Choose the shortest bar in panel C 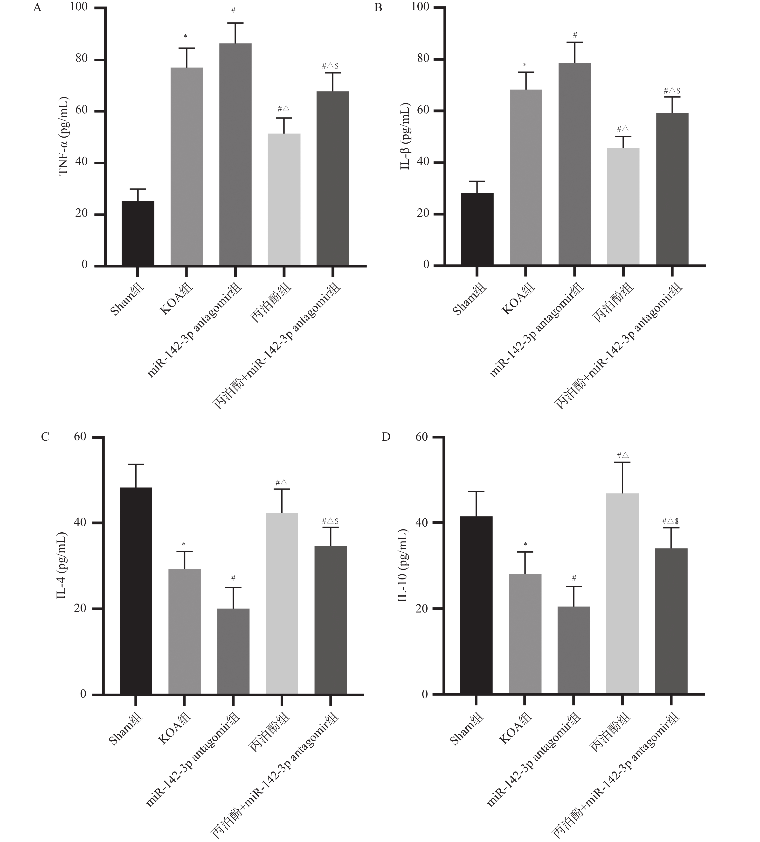pos(234,652)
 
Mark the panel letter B pos(378,8)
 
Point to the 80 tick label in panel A pos(82,59)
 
